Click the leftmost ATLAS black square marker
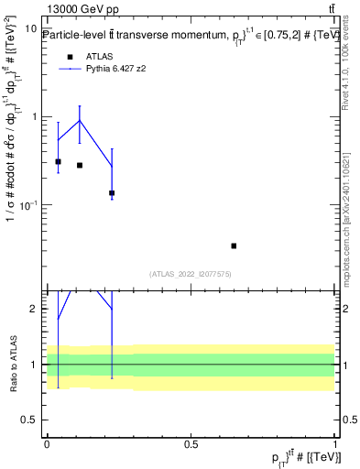click(x=59, y=161)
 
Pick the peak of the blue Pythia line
click(x=80, y=121)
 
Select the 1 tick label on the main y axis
click(x=35, y=116)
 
